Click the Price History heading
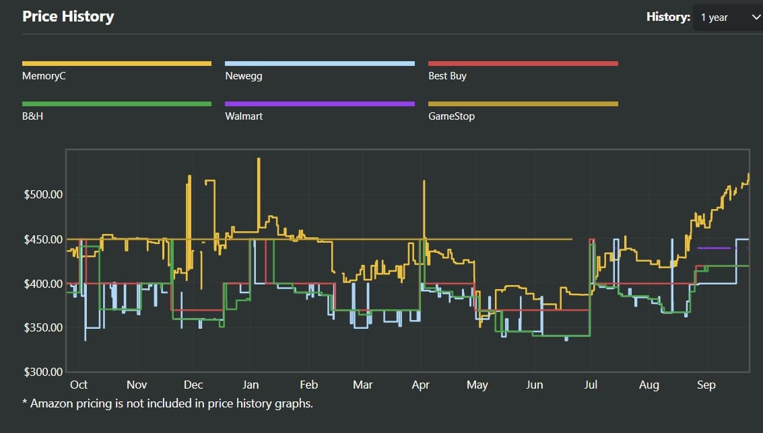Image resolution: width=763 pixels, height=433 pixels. [68, 17]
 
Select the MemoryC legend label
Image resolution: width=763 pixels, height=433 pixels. [44, 76]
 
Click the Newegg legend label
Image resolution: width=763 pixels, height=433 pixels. [243, 76]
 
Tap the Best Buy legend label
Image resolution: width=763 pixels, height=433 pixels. [447, 76]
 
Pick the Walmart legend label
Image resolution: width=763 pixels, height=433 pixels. [244, 116]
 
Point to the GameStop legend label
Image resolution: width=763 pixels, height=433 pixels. [451, 116]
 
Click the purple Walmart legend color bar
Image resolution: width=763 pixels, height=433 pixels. [320, 104]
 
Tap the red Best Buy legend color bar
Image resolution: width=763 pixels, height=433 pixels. [523, 64]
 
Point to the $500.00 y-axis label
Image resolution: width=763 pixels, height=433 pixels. [43, 195]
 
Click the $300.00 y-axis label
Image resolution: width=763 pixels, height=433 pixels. [43, 372]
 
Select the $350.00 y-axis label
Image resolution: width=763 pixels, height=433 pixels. [43, 327]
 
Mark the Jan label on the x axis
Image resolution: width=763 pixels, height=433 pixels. [251, 385]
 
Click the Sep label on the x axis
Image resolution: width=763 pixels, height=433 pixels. [706, 385]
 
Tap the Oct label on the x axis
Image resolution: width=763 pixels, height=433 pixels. [79, 385]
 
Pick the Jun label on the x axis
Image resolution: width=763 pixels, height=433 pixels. [534, 385]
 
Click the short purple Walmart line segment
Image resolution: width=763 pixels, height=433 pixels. [714, 248]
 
